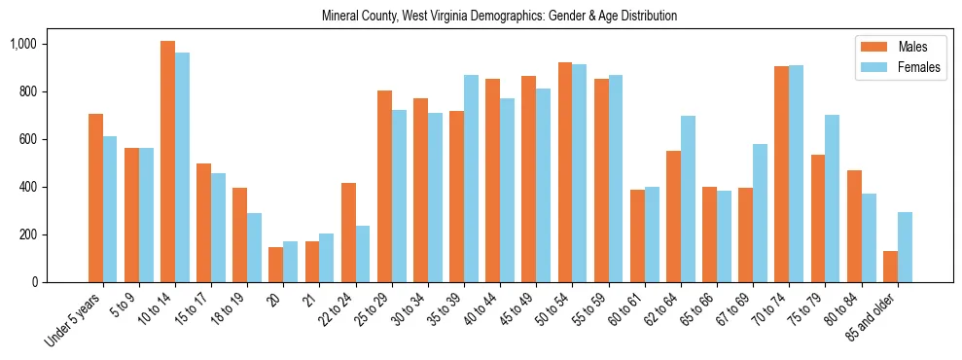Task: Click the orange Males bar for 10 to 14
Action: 167,162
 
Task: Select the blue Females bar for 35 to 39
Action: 471,178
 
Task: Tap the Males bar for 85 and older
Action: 890,267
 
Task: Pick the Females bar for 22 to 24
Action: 363,254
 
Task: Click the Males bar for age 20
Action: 275,265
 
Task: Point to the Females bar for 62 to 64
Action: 688,198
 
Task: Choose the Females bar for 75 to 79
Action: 832,198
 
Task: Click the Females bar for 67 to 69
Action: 760,213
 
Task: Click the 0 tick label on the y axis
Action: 33,282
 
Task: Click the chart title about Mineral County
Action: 499,16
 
